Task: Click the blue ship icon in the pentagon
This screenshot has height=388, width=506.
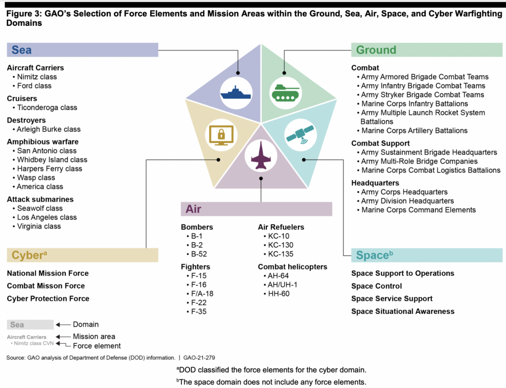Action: [x=236, y=93]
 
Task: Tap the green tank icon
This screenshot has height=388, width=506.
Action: [x=286, y=93]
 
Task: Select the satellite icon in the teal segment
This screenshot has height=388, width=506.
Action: [x=299, y=133]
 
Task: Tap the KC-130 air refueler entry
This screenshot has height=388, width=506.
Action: [x=280, y=245]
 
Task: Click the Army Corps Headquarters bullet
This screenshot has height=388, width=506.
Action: [x=404, y=192]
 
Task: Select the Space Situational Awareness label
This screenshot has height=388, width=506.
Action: [x=403, y=311]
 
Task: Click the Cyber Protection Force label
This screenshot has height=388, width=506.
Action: [x=48, y=299]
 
